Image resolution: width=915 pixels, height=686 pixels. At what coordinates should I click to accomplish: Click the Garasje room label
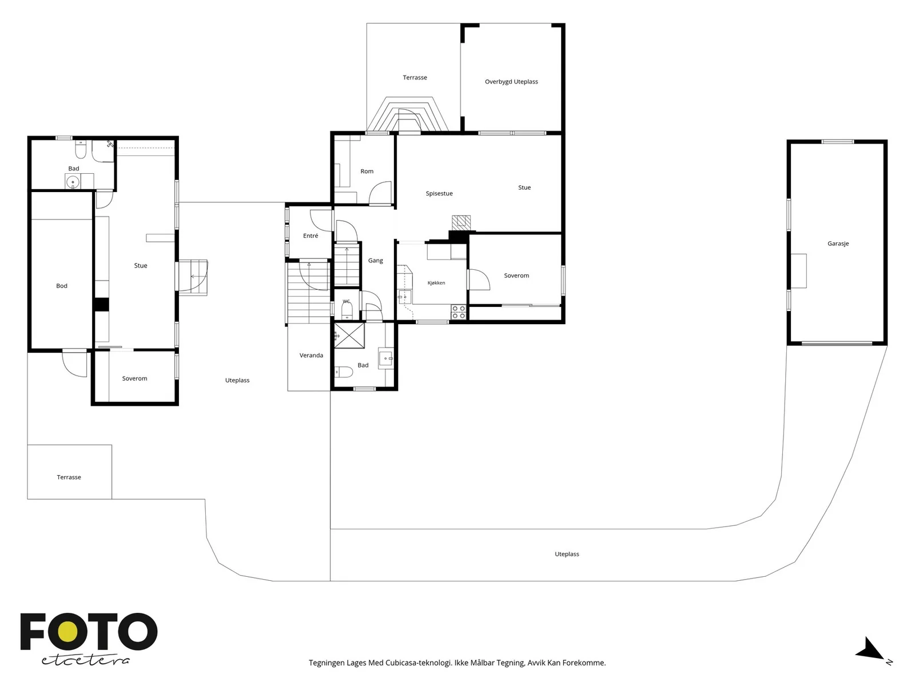click(x=838, y=244)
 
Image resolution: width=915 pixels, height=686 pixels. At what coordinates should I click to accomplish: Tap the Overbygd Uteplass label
click(x=511, y=82)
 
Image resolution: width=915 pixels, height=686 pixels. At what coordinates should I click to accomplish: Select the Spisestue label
click(x=439, y=193)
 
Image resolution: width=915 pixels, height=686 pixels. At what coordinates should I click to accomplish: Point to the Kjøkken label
click(x=436, y=283)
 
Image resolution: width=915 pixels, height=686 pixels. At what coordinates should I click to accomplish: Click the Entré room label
click(x=311, y=236)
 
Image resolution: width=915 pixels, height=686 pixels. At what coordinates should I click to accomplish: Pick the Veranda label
click(x=311, y=355)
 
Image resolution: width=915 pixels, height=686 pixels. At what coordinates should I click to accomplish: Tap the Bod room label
click(x=62, y=286)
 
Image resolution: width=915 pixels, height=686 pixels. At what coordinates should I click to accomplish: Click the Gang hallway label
click(x=375, y=261)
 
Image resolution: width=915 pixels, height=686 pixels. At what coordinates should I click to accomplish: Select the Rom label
click(x=367, y=171)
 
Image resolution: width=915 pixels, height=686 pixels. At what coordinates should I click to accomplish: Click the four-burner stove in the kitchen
click(x=459, y=312)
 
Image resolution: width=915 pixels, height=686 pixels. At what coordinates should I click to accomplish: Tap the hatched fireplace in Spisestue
click(x=461, y=223)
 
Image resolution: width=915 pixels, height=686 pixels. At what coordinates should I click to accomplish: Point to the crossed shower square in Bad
click(x=349, y=336)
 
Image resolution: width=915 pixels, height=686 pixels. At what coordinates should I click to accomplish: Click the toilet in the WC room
click(x=347, y=310)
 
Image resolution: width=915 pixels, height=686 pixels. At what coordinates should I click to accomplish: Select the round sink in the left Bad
click(x=73, y=182)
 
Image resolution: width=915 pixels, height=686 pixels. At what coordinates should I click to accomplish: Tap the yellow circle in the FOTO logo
click(x=68, y=632)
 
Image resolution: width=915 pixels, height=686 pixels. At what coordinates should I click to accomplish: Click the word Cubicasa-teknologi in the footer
click(x=419, y=663)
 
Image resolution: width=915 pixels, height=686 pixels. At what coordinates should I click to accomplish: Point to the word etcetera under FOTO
click(x=85, y=660)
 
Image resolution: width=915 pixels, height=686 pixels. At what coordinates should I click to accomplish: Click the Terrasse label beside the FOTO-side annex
click(x=69, y=477)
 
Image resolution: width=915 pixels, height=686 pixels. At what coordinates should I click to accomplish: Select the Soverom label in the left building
click(x=134, y=378)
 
